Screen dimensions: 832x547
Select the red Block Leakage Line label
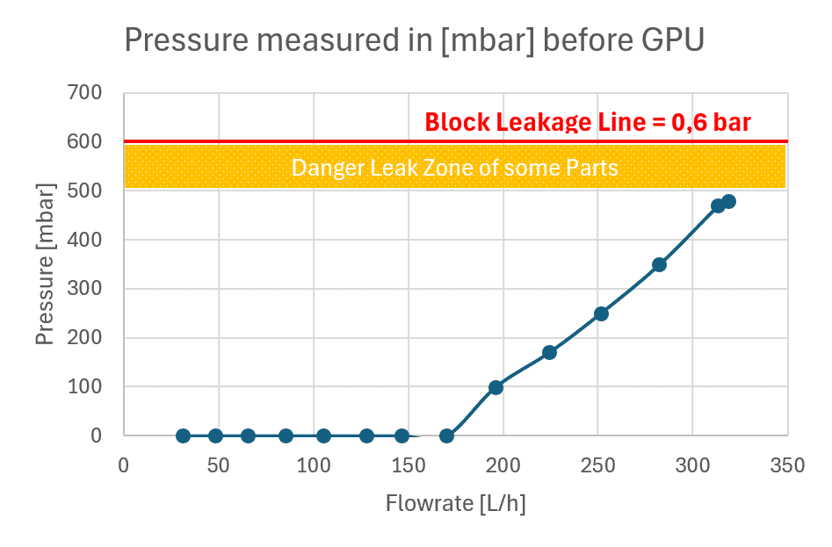[x=588, y=122]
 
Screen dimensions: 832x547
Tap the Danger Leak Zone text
[x=455, y=168]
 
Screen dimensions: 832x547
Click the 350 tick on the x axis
[x=787, y=466]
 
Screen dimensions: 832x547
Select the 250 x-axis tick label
[x=598, y=466]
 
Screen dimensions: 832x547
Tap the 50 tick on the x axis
[x=218, y=466]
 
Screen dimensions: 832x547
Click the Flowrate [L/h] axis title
[x=455, y=503]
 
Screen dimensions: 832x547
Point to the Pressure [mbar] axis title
[x=46, y=264]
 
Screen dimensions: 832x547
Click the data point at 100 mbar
[x=496, y=387]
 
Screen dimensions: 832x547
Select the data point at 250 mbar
[x=601, y=313]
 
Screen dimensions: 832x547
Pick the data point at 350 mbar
[x=659, y=264]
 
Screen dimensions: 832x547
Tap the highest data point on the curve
[x=729, y=201]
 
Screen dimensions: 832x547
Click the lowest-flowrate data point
[x=183, y=435]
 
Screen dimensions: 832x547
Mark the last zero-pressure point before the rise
[x=447, y=435]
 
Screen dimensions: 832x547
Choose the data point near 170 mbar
[x=549, y=352]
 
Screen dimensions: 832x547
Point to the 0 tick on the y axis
[x=96, y=435]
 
